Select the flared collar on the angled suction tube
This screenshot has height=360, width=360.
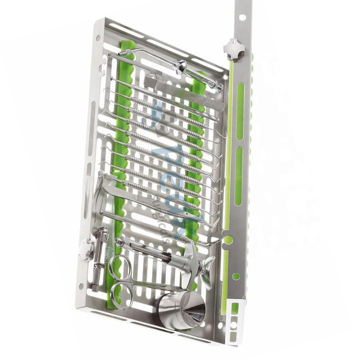click(180, 65)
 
